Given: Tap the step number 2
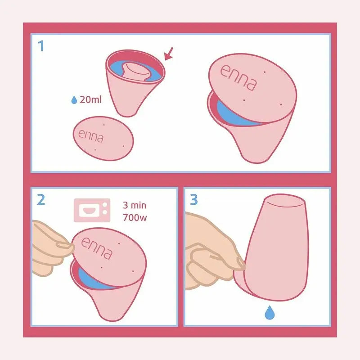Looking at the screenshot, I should pos(41,199).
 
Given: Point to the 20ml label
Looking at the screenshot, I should pos(90,99).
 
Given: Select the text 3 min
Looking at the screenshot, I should pos(134,206).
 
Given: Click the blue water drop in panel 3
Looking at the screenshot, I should pos(270,311).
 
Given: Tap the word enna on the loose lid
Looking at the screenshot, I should pos(90,135).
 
